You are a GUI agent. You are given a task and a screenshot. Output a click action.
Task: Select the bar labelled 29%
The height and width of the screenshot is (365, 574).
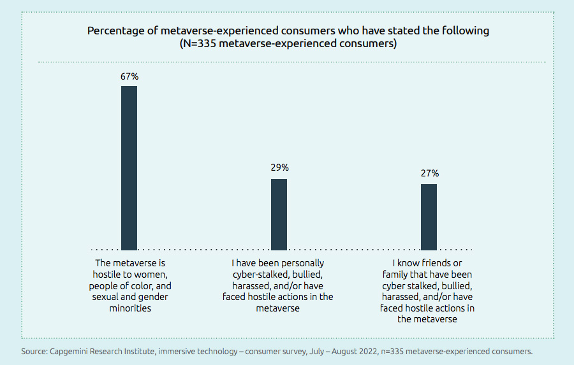tap(279, 214)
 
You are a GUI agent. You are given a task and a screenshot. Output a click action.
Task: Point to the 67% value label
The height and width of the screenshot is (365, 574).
tap(129, 76)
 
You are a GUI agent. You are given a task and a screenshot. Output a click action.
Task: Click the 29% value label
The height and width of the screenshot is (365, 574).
tap(279, 168)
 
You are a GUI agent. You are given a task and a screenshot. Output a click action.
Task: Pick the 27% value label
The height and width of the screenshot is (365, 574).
tap(429, 173)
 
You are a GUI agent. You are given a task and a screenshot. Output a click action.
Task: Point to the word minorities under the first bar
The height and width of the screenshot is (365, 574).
tap(129, 308)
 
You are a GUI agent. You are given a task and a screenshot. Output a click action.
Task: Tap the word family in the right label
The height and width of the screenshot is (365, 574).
tap(400, 274)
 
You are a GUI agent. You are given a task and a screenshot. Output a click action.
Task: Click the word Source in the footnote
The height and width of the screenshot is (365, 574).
tap(33, 351)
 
